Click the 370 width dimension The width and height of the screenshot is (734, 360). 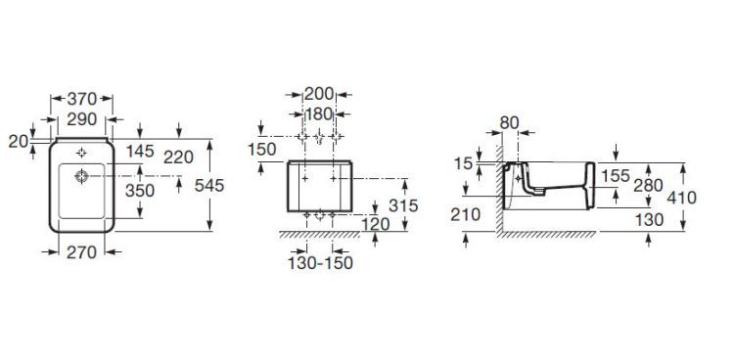coord(82,99)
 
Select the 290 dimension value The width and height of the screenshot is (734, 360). coord(82,119)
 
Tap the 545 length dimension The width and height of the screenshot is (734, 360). coord(209,186)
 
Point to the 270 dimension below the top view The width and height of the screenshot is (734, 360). coord(81,252)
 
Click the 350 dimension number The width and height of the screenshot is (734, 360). coord(140,191)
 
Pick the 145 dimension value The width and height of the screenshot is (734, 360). coord(140,151)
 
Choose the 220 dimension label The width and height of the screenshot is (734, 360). coord(178,157)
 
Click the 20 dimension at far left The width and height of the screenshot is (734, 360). coord(19,142)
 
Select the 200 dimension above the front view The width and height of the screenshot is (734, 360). coord(319,94)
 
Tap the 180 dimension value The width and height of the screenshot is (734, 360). coord(319,113)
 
